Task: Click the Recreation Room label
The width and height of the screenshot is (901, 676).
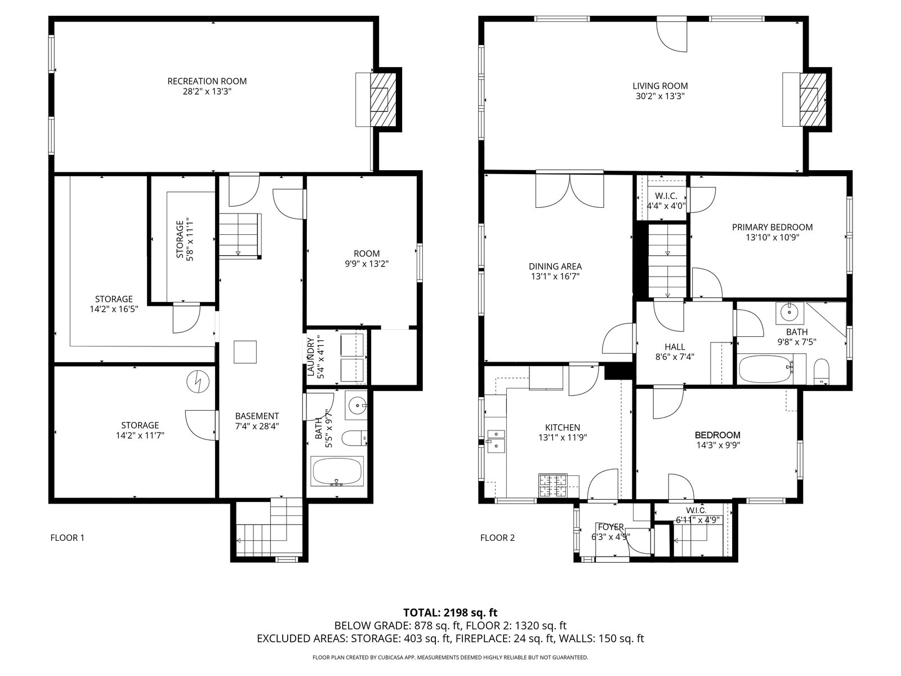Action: point(207,81)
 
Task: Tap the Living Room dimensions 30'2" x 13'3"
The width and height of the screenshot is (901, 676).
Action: point(660,96)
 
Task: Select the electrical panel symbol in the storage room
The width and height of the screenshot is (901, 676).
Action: point(198,382)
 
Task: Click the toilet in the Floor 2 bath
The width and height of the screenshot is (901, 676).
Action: point(821,371)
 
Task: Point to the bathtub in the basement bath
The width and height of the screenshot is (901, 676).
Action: point(337,471)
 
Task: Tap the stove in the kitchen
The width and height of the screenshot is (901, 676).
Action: point(552,486)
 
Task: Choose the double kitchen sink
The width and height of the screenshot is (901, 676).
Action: point(496,441)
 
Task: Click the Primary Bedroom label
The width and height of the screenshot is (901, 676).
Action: point(772,228)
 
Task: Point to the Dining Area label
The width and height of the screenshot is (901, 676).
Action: point(555,266)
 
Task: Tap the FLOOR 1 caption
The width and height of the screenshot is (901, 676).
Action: point(68,537)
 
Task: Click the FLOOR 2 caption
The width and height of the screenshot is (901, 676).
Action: point(497,537)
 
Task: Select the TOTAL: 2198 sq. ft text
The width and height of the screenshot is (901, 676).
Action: point(450,613)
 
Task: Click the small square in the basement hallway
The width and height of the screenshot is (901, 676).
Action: point(245,352)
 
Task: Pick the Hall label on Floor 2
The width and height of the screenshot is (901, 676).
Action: point(675,347)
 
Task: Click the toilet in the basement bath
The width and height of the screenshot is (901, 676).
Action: point(354,438)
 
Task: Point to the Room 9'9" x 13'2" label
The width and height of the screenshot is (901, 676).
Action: point(367,253)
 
